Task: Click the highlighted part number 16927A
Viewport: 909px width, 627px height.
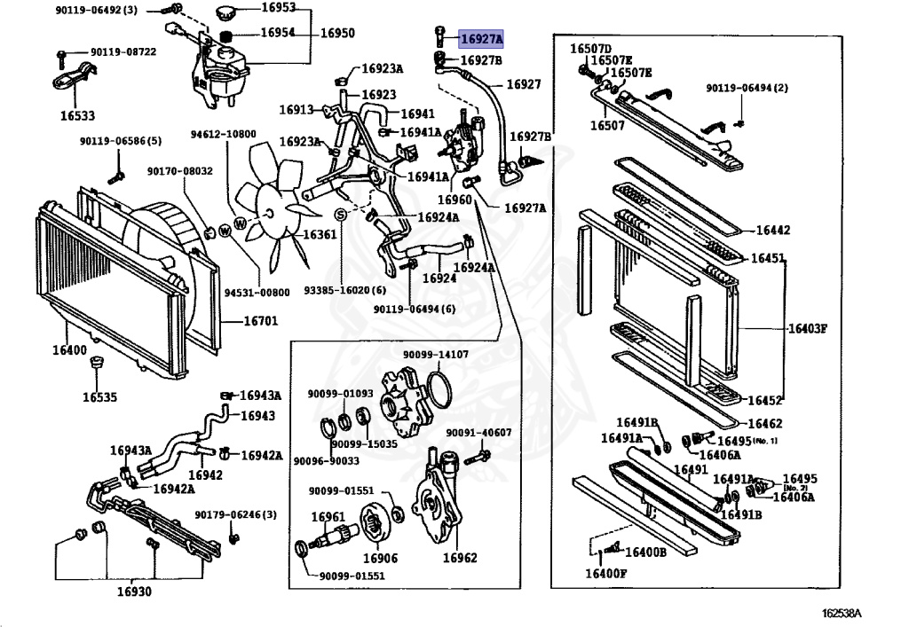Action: click(481, 39)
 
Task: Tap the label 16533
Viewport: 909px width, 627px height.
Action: click(77, 115)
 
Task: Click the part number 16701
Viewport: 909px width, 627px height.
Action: click(238, 321)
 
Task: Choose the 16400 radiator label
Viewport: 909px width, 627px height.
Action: click(68, 351)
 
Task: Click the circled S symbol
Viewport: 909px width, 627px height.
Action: click(339, 216)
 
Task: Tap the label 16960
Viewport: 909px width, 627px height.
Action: click(454, 200)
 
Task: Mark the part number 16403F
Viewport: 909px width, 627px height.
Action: click(807, 328)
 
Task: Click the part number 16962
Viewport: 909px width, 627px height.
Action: click(460, 558)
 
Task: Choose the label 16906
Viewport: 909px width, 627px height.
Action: click(380, 559)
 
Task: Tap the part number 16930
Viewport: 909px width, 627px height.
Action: click(134, 592)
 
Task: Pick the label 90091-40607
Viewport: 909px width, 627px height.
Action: click(478, 433)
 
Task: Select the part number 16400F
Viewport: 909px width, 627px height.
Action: click(605, 573)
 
